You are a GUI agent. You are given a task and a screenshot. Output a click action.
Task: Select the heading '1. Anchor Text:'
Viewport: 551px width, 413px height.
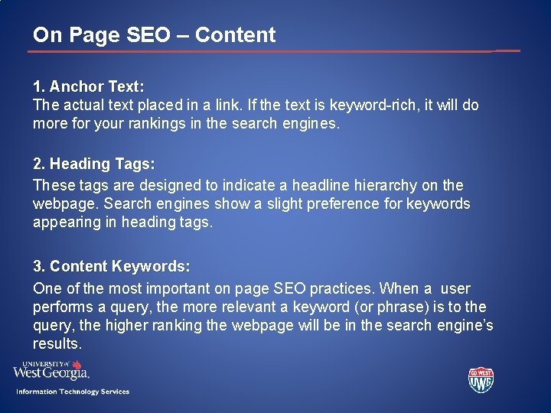point(89,86)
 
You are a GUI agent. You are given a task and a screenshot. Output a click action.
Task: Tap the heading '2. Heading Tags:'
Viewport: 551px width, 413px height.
point(94,164)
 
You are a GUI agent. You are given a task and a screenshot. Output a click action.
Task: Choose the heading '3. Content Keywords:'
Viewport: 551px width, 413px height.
point(112,267)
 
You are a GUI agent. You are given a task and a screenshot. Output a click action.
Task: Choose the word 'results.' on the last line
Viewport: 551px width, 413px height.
point(57,344)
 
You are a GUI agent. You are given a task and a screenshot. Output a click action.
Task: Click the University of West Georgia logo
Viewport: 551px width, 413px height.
point(51,370)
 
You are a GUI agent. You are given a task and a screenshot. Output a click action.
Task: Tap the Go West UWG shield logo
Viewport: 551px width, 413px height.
point(481,379)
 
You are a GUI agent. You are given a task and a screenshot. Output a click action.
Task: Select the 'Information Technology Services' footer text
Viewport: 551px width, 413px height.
point(73,392)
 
